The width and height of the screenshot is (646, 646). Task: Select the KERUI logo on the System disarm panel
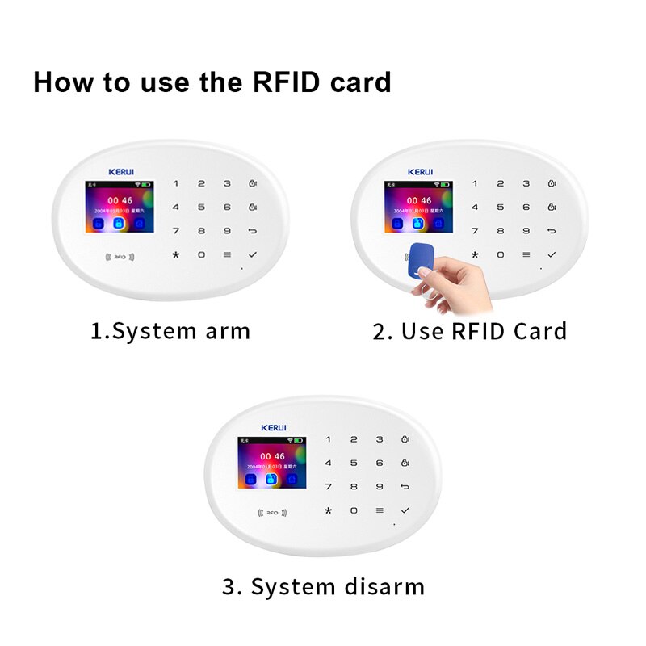[x=274, y=427]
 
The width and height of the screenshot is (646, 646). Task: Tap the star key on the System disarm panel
[x=328, y=511]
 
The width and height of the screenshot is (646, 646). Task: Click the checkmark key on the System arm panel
[x=254, y=254]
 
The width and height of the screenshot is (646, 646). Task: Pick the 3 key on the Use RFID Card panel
[x=526, y=183]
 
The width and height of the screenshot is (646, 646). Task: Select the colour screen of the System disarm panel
[x=272, y=464]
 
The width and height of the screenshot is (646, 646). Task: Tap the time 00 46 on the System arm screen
[x=120, y=200]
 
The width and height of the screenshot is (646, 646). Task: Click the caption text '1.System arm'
[x=170, y=331]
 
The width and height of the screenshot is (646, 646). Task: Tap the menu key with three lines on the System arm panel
[x=227, y=254]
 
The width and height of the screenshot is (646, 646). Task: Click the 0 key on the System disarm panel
[x=354, y=510]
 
